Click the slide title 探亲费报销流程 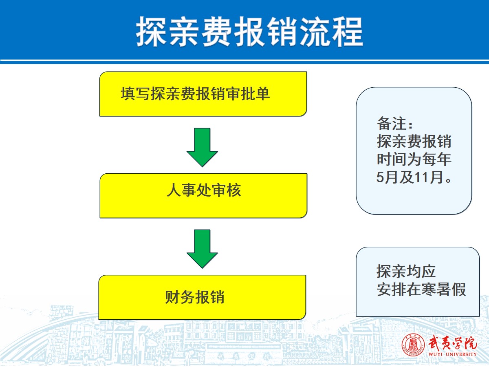(250, 32)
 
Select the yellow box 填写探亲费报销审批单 (203, 94)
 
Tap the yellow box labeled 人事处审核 (203, 195)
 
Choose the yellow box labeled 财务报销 (202, 297)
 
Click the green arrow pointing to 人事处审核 (202, 147)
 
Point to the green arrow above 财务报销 (202, 249)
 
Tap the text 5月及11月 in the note (409, 177)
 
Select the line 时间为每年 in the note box (414, 159)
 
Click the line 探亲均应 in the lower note (406, 271)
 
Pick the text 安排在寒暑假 (421, 290)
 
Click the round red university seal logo (413, 345)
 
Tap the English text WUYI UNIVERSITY (452, 354)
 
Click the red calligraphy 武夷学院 (452, 343)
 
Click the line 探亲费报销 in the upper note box (414, 141)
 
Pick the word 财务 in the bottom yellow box (180, 297)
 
